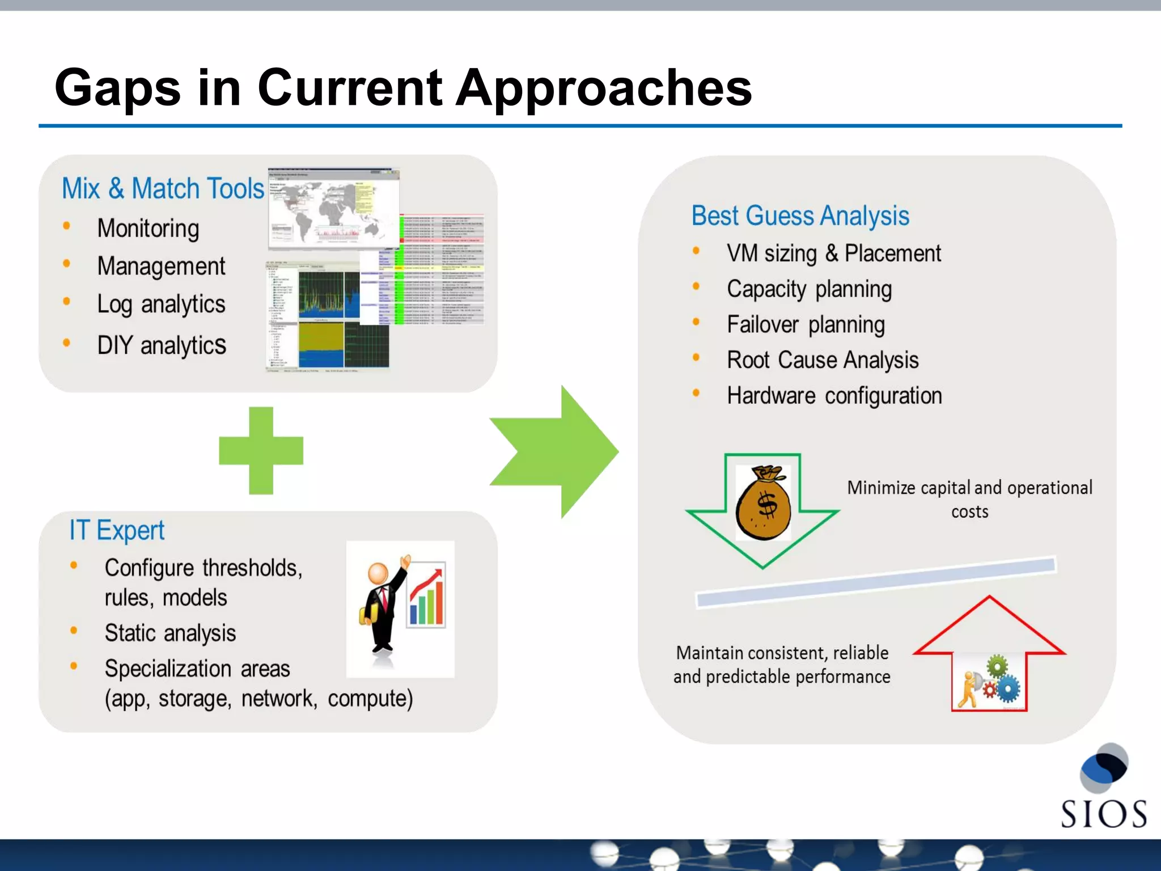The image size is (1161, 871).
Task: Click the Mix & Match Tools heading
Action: pyautogui.click(x=163, y=188)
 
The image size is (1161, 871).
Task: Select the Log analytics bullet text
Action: pyautogui.click(x=161, y=305)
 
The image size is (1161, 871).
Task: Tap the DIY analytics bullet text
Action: pyautogui.click(x=162, y=345)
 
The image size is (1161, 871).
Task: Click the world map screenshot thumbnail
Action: pyautogui.click(x=333, y=209)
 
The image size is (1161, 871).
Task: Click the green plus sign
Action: pyautogui.click(x=261, y=450)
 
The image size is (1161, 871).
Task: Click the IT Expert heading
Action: pyautogui.click(x=117, y=531)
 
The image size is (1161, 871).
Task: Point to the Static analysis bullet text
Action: pyautogui.click(x=170, y=633)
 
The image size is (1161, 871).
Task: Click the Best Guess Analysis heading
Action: pyautogui.click(x=800, y=216)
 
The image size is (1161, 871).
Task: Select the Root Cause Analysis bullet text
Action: pyautogui.click(x=823, y=360)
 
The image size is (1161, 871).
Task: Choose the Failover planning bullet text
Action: pyautogui.click(x=806, y=325)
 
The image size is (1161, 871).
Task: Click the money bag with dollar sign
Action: pyautogui.click(x=763, y=502)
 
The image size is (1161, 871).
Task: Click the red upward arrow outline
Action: pyautogui.click(x=989, y=629)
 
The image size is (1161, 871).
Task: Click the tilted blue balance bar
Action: pyautogui.click(x=876, y=582)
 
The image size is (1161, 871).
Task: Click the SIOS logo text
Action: pyautogui.click(x=1103, y=814)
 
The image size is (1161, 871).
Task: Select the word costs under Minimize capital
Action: pyautogui.click(x=969, y=512)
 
